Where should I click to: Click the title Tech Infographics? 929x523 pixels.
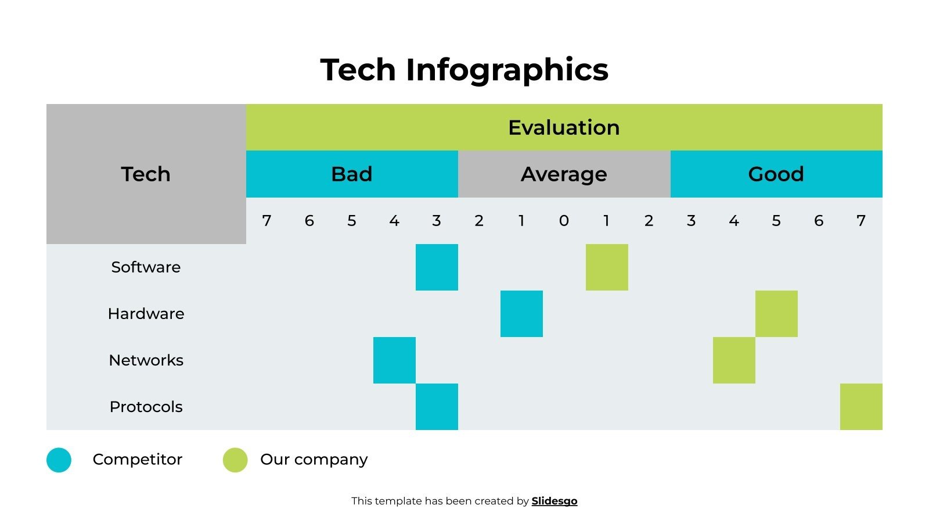click(464, 70)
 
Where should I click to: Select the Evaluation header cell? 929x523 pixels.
click(564, 127)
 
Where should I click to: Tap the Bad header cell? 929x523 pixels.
click(351, 174)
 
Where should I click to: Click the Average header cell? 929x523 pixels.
click(564, 174)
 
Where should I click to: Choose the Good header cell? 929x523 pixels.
click(776, 174)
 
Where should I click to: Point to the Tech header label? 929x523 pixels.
click(146, 174)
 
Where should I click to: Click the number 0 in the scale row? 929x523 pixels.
click(564, 221)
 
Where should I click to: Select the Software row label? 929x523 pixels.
click(146, 267)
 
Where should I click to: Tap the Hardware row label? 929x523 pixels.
click(146, 314)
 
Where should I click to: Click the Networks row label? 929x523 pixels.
click(146, 360)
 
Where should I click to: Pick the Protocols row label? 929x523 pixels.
click(146, 407)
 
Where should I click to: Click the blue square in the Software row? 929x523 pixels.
click(437, 267)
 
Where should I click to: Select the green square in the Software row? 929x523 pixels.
click(607, 267)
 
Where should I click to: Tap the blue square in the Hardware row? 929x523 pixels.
click(521, 314)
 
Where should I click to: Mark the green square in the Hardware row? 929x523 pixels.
click(776, 314)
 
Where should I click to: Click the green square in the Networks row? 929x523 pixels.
click(734, 360)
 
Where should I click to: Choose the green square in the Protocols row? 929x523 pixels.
click(861, 407)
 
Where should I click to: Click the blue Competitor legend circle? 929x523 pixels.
click(59, 460)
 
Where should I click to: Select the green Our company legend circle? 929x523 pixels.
click(235, 460)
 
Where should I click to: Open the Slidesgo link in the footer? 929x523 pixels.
click(554, 501)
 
